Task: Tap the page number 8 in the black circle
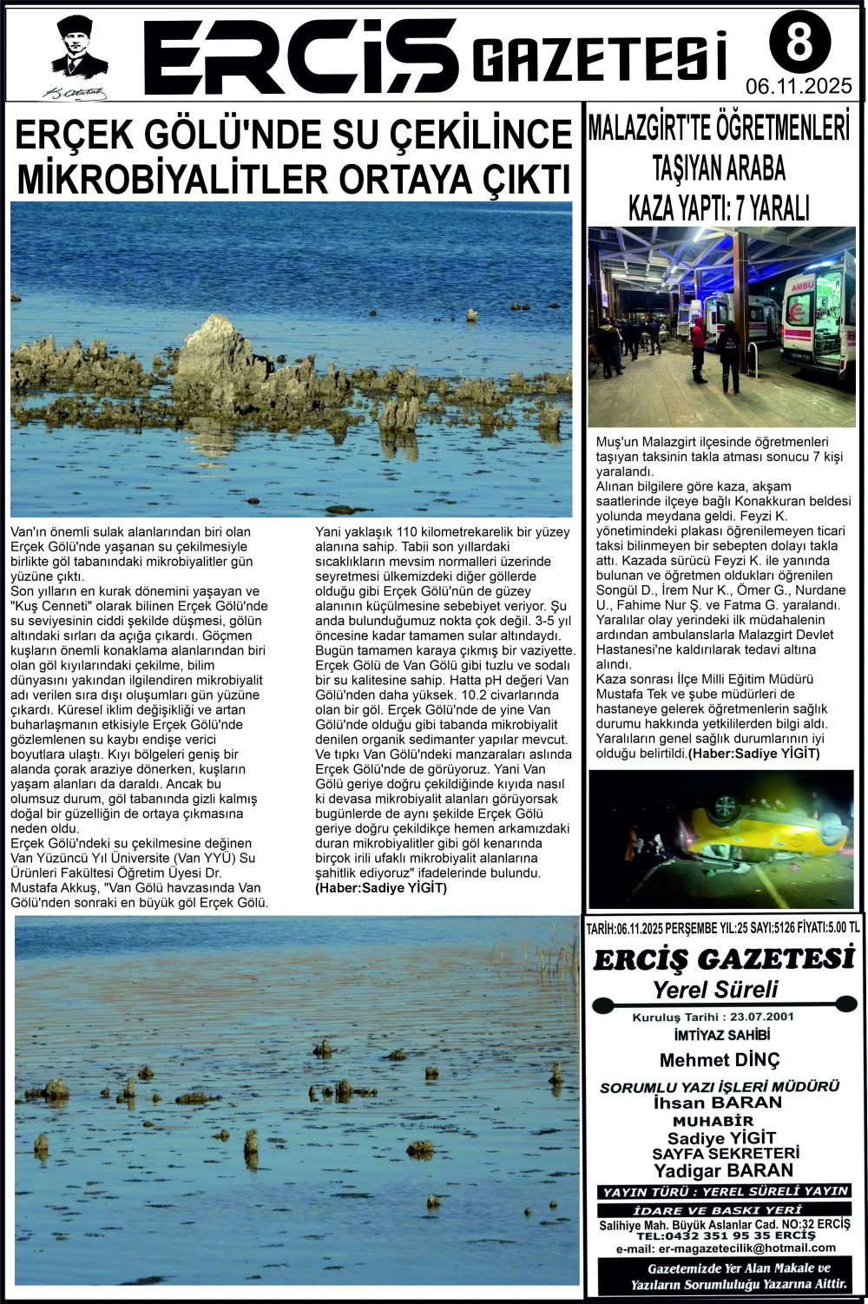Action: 799,43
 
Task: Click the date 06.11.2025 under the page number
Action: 799,87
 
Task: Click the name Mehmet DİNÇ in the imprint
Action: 720,1060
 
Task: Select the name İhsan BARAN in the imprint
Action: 717,1103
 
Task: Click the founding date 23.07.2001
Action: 765,1017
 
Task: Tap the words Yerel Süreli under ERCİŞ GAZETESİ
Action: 715,989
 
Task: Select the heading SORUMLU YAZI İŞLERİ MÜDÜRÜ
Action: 720,1087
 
